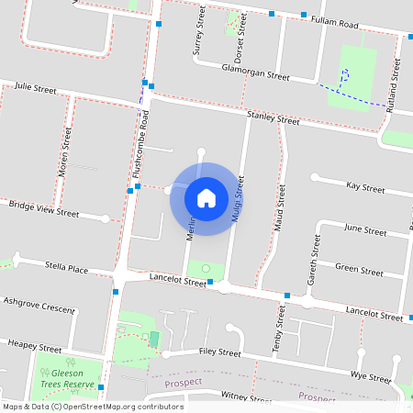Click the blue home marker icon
pyautogui.click(x=206, y=197)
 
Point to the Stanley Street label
pyautogui.click(x=273, y=118)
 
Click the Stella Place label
pyautogui.click(x=66, y=269)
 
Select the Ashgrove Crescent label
pyautogui.click(x=39, y=305)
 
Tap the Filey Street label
pyautogui.click(x=219, y=352)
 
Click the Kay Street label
pyautogui.click(x=365, y=187)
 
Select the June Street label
pyautogui.click(x=364, y=229)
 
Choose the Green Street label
pyautogui.click(x=359, y=269)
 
